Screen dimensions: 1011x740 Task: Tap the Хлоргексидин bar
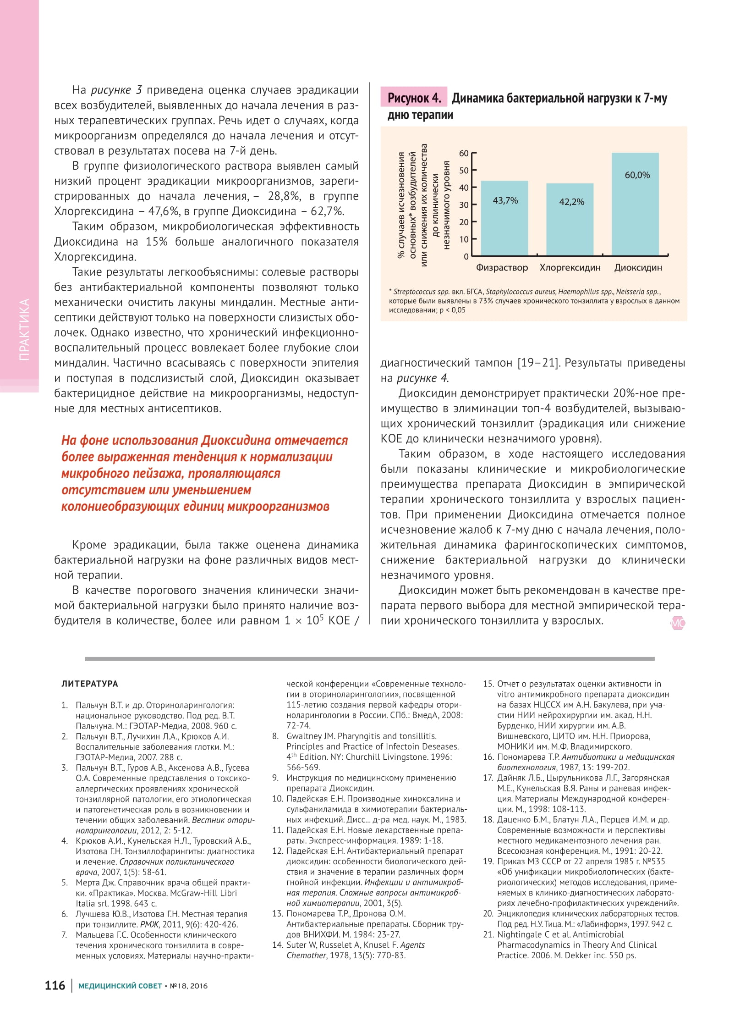(570, 220)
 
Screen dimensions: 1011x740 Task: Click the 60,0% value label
(637, 175)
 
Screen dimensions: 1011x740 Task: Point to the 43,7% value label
(505, 200)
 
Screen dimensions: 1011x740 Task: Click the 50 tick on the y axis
(464, 171)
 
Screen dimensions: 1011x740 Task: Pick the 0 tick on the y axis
(466, 256)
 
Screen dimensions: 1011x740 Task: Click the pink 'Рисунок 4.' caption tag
(414, 98)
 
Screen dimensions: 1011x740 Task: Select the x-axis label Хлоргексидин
(570, 268)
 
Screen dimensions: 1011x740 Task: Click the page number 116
(55, 985)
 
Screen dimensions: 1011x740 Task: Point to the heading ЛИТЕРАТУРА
(90, 684)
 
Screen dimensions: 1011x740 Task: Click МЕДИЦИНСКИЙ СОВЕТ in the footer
(120, 986)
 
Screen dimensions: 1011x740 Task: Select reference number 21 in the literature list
(488, 934)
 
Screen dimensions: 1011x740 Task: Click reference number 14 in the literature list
(278, 945)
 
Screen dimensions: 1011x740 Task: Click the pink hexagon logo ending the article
(678, 623)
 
